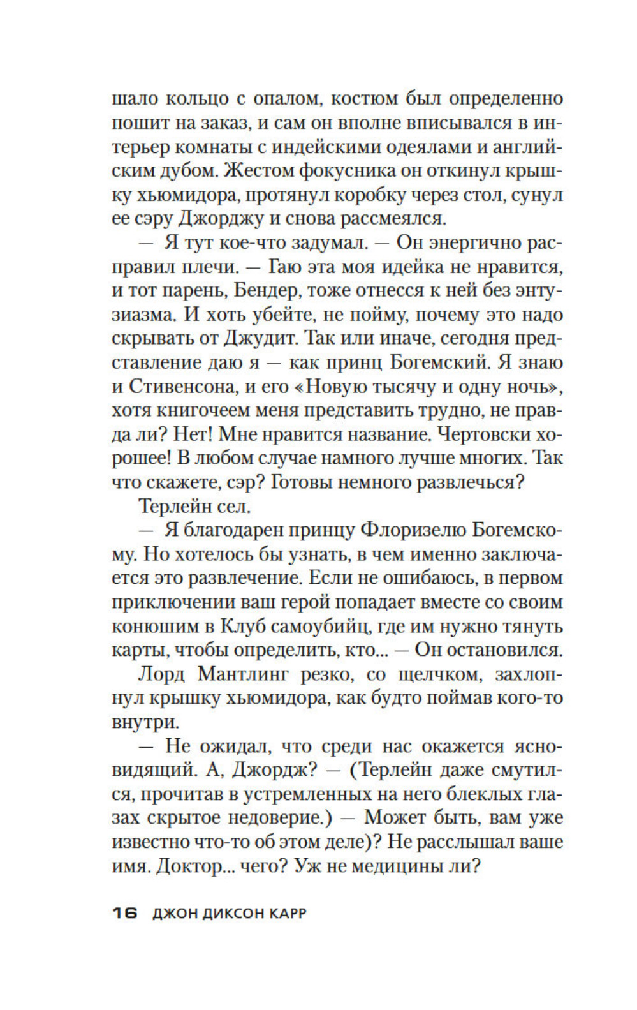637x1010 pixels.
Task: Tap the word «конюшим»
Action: pos(154,626)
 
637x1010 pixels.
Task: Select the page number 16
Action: pos(125,914)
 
